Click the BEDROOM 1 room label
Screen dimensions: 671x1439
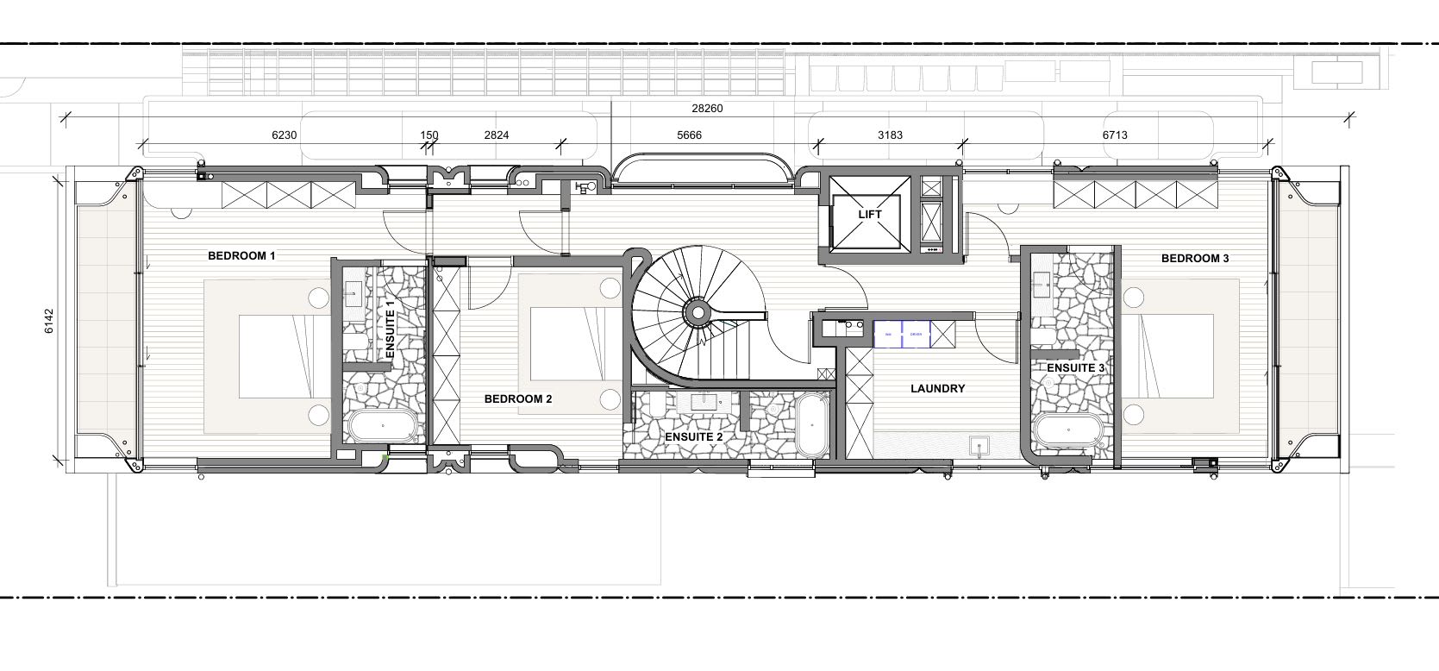click(x=241, y=256)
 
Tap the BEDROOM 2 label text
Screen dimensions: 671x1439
click(x=517, y=398)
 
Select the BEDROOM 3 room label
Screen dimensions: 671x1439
click(x=1194, y=258)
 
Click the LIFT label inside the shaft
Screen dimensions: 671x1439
click(x=870, y=214)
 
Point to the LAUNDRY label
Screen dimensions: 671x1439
click(x=937, y=389)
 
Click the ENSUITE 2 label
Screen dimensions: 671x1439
click(x=693, y=437)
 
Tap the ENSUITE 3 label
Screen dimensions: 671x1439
click(x=1075, y=368)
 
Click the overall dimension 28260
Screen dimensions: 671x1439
click(x=707, y=109)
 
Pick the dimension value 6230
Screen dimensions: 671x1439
click(x=284, y=135)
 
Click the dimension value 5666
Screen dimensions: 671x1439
click(x=689, y=135)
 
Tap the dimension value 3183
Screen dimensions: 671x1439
click(x=890, y=135)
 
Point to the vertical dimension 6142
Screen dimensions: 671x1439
click(x=49, y=320)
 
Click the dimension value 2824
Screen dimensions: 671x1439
click(x=496, y=135)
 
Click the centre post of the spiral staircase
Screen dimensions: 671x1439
click(x=695, y=312)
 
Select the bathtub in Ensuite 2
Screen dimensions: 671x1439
click(x=810, y=426)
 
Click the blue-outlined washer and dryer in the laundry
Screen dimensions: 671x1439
click(x=902, y=334)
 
